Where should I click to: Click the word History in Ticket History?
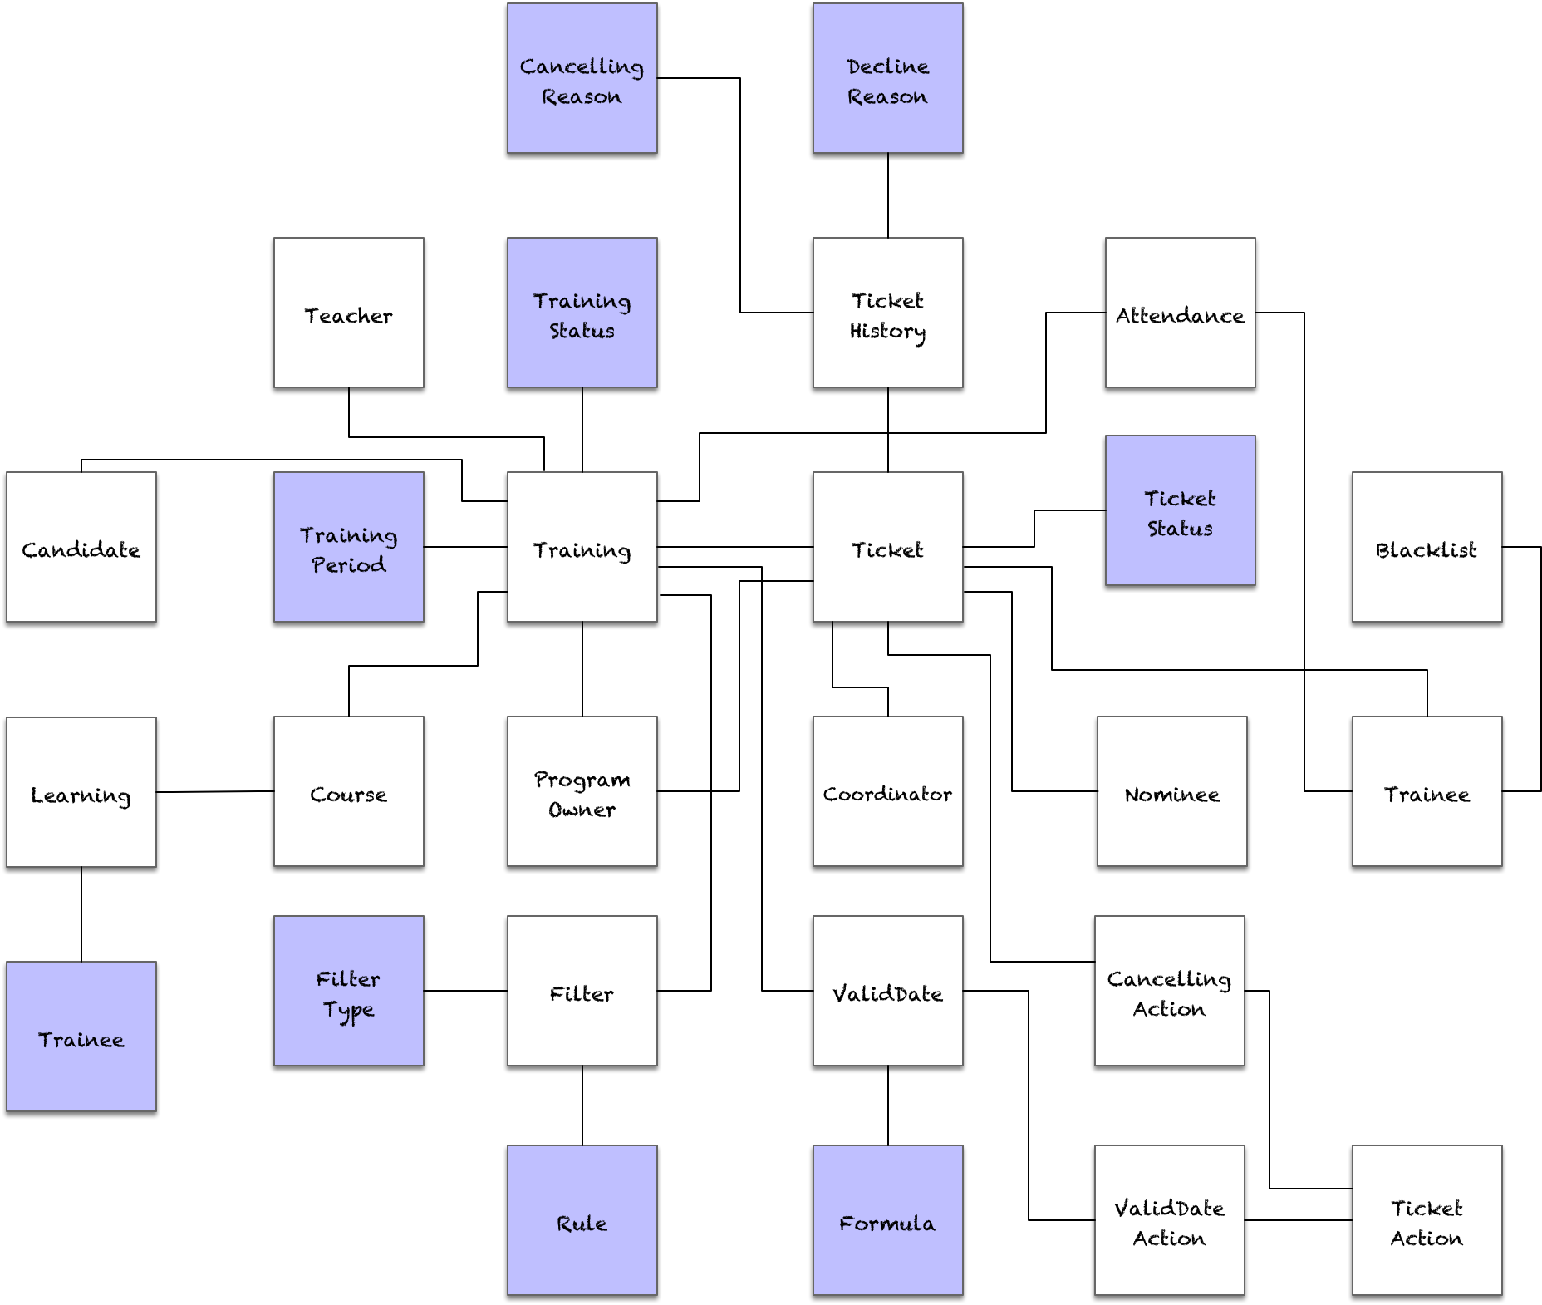click(x=887, y=331)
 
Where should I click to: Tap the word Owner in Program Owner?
click(x=582, y=810)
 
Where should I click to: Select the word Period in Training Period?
click(x=348, y=565)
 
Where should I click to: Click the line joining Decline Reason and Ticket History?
click(x=888, y=195)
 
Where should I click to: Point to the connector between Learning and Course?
click(x=215, y=791)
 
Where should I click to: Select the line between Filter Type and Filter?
click(x=465, y=991)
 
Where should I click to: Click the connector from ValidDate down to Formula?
click(x=888, y=1106)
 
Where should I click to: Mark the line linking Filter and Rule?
click(x=582, y=1106)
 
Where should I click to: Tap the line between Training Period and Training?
click(x=465, y=547)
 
